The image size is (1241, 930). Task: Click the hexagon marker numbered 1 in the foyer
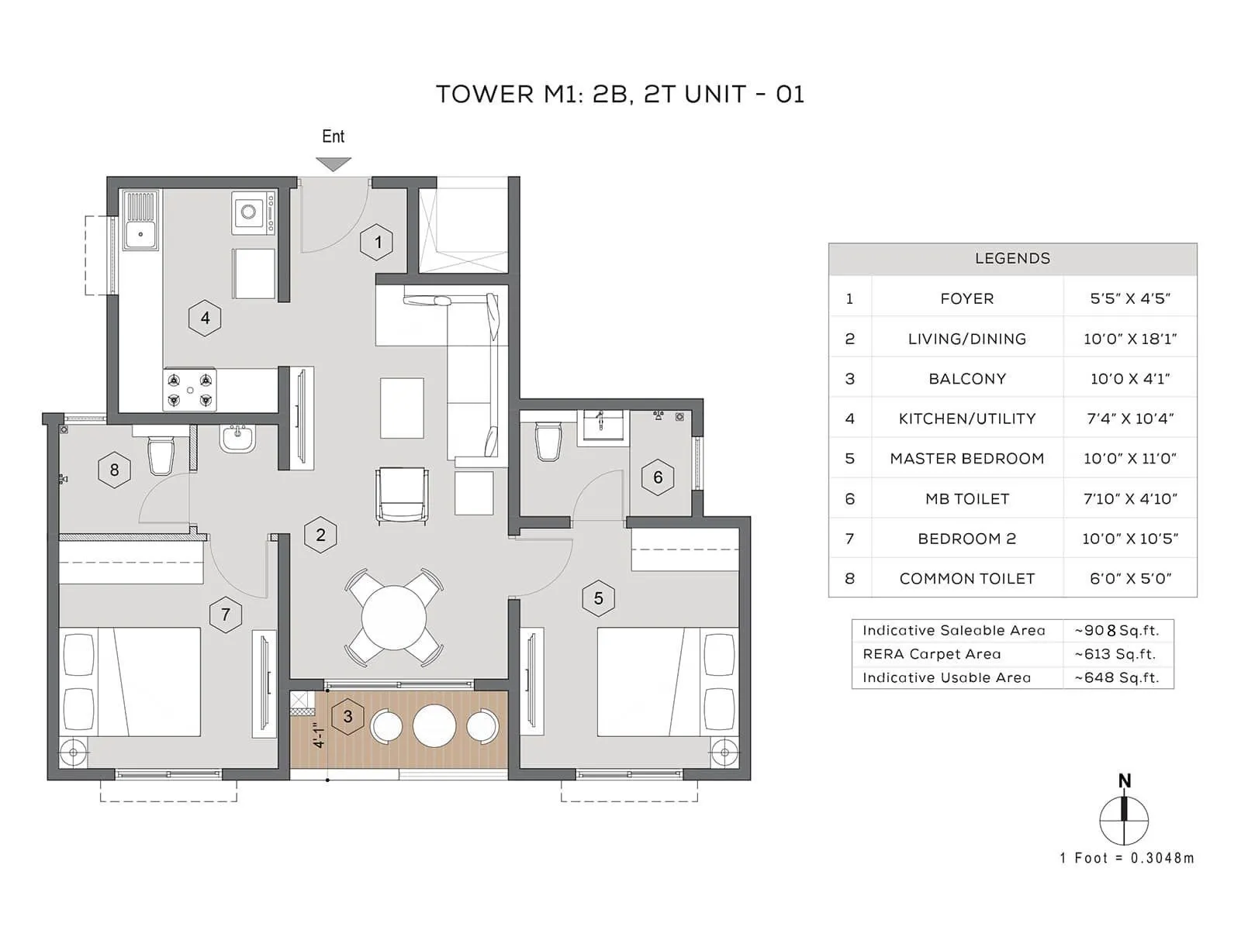point(378,243)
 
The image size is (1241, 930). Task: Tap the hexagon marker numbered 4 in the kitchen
point(205,318)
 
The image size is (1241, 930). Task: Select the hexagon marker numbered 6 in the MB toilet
point(658,477)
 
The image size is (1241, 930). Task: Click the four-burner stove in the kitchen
point(190,390)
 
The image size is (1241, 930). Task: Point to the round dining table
point(394,618)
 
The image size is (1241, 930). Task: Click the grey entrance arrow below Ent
point(334,164)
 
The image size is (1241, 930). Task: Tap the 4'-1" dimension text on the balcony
point(319,735)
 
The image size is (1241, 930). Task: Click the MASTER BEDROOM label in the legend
point(966,459)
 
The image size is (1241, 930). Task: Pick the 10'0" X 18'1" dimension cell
point(1129,339)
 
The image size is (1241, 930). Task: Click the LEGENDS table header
point(1012,259)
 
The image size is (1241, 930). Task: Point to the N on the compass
point(1125,781)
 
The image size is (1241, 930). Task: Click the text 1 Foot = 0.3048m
point(1127,858)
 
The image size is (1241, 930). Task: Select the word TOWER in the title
point(485,95)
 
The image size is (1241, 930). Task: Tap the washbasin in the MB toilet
point(603,425)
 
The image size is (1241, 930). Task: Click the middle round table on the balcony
point(434,725)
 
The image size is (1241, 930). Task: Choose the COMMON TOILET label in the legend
point(966,579)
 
